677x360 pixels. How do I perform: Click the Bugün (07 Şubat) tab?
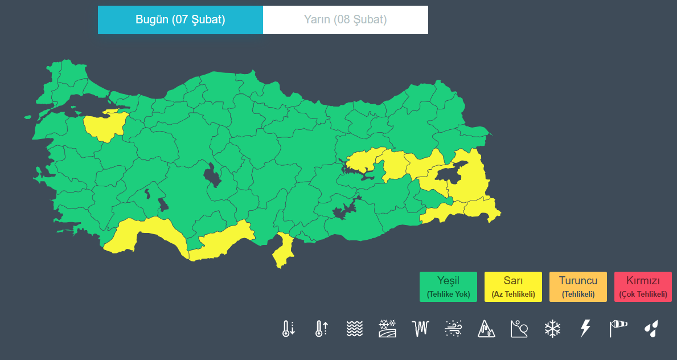click(x=180, y=20)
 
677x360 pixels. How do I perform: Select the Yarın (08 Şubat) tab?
click(x=345, y=20)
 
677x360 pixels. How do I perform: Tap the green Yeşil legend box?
click(x=448, y=287)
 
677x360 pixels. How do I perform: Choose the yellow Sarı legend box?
click(x=513, y=287)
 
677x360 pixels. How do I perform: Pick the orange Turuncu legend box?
click(x=578, y=287)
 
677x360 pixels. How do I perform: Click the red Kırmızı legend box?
click(x=643, y=287)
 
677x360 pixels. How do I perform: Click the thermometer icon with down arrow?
click(x=288, y=328)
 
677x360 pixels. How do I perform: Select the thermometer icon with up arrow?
click(x=321, y=328)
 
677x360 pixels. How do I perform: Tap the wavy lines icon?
click(x=354, y=328)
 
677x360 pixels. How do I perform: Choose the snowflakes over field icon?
click(x=387, y=328)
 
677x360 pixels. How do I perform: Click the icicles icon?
click(x=420, y=328)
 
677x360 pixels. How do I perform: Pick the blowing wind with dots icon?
click(x=453, y=328)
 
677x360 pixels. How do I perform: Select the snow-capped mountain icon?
click(x=486, y=328)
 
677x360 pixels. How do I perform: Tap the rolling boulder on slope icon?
click(x=519, y=328)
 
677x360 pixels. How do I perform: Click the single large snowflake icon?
click(x=552, y=328)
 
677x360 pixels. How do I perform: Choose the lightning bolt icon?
click(x=585, y=328)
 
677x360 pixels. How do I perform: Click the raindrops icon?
click(x=651, y=328)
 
